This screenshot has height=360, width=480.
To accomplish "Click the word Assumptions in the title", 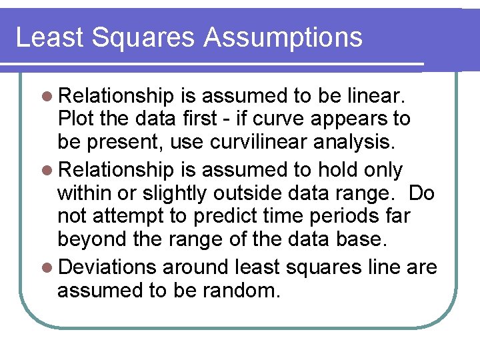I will pyautogui.click(x=283, y=37).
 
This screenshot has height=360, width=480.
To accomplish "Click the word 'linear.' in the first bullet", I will pyautogui.click(x=382, y=95).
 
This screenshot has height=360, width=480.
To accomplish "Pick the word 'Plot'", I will pyautogui.click(x=73, y=119).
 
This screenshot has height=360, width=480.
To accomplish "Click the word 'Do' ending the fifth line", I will pyautogui.click(x=421, y=194).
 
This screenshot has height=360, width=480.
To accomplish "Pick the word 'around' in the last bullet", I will pyautogui.click(x=197, y=267).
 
